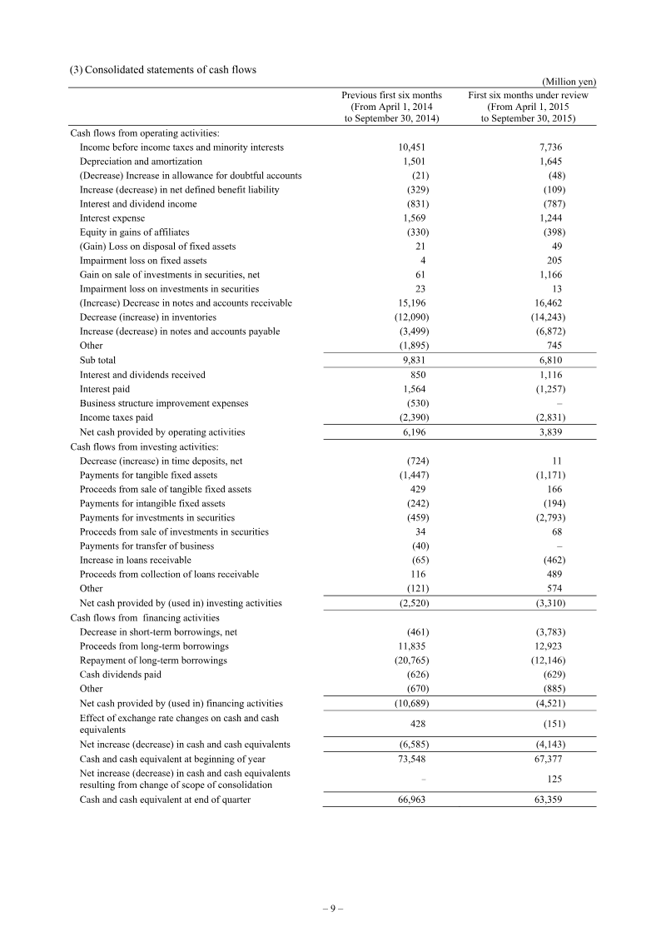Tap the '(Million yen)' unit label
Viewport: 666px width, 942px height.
[569, 82]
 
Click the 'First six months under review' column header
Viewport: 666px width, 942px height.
[528, 96]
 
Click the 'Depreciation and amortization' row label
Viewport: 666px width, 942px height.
[141, 162]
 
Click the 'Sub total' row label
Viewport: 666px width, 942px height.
[98, 360]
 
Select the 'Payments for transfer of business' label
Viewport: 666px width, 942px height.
[147, 546]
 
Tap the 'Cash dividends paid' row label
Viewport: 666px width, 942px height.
[120, 675]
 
